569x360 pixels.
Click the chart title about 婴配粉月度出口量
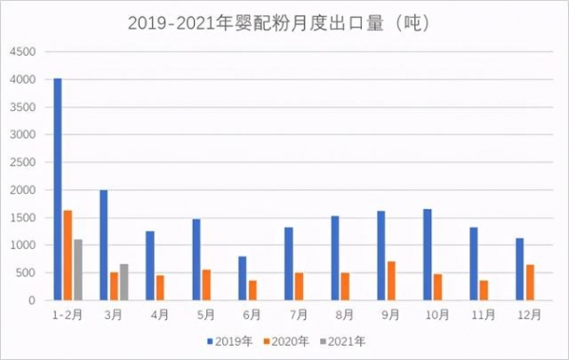[284, 21]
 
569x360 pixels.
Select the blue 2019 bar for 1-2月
[58, 189]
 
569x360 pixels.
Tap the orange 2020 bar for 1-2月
[68, 256]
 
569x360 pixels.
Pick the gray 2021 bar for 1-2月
[79, 270]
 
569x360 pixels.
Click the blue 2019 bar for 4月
[150, 266]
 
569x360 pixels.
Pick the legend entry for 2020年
[287, 339]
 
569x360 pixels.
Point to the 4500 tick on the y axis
[22, 52]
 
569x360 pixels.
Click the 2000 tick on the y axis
[22, 190]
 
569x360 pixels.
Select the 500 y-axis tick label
[25, 274]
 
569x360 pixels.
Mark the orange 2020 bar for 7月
[299, 287]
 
